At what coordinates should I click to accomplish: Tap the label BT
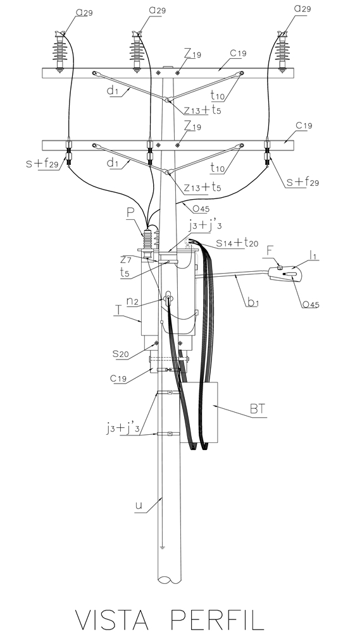[258, 409]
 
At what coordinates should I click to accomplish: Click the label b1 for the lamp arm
[253, 301]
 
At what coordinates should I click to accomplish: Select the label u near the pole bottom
[139, 504]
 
